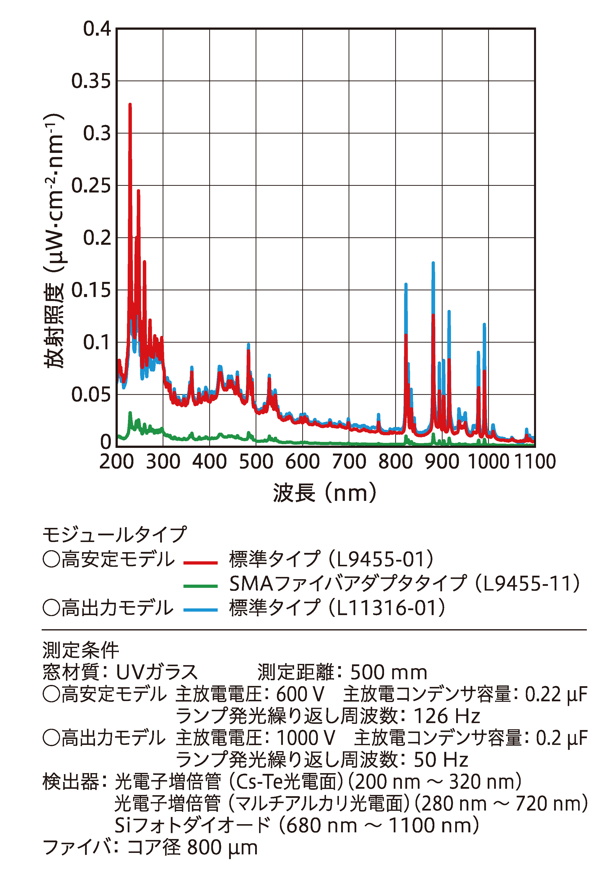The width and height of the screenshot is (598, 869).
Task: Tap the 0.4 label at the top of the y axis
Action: pyautogui.click(x=97, y=29)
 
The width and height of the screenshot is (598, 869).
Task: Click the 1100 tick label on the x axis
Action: pyautogui.click(x=535, y=462)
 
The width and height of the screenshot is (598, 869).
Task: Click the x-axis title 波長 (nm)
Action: pyautogui.click(x=325, y=493)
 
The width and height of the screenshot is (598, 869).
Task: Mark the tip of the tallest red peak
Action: pyautogui.click(x=130, y=105)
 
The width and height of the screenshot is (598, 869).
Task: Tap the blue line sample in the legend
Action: pyautogui.click(x=201, y=610)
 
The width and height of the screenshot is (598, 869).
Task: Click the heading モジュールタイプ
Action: pyautogui.click(x=114, y=534)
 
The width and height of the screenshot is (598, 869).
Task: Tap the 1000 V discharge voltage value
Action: pyautogui.click(x=305, y=738)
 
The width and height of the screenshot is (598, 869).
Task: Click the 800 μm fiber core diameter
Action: pyautogui.click(x=222, y=848)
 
